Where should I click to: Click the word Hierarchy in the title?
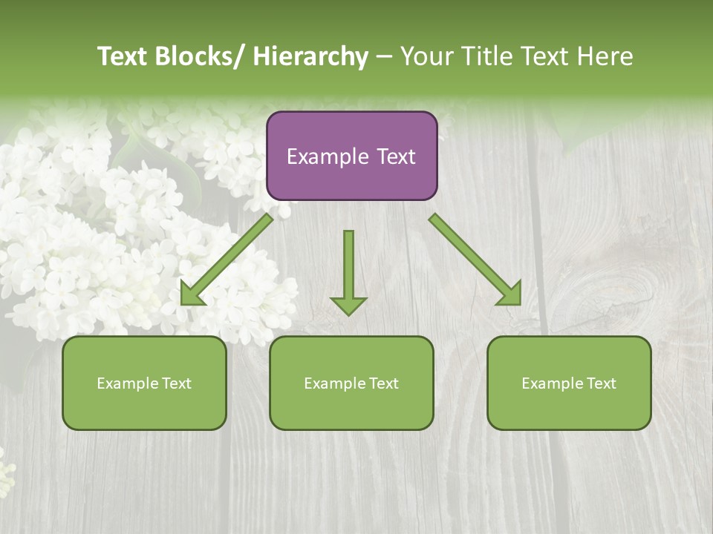[310, 56]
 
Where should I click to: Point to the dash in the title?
[384, 57]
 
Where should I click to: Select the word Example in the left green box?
[127, 383]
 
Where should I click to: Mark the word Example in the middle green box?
[334, 383]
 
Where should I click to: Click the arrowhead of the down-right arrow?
[509, 293]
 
